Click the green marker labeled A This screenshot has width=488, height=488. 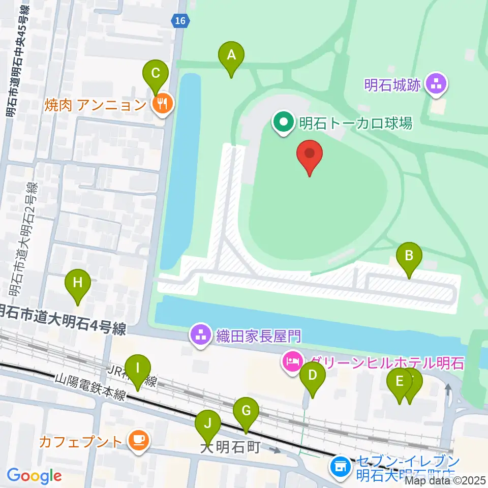pyautogui.click(x=231, y=55)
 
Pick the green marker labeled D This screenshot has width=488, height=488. pyautogui.click(x=312, y=376)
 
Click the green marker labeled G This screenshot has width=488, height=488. pyautogui.click(x=246, y=411)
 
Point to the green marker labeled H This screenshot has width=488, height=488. pyautogui.click(x=77, y=283)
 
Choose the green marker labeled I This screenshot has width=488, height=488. pyautogui.click(x=137, y=368)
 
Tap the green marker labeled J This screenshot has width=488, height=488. pyautogui.click(x=207, y=423)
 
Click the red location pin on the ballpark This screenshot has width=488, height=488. pyautogui.click(x=310, y=153)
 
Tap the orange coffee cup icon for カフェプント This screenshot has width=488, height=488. pyautogui.click(x=138, y=441)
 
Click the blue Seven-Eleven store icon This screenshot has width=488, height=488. pyautogui.click(x=340, y=465)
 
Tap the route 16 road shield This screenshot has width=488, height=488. pyautogui.click(x=179, y=20)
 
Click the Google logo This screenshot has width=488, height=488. pyautogui.click(x=34, y=476)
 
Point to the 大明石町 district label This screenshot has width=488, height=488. pyautogui.click(x=230, y=447)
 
